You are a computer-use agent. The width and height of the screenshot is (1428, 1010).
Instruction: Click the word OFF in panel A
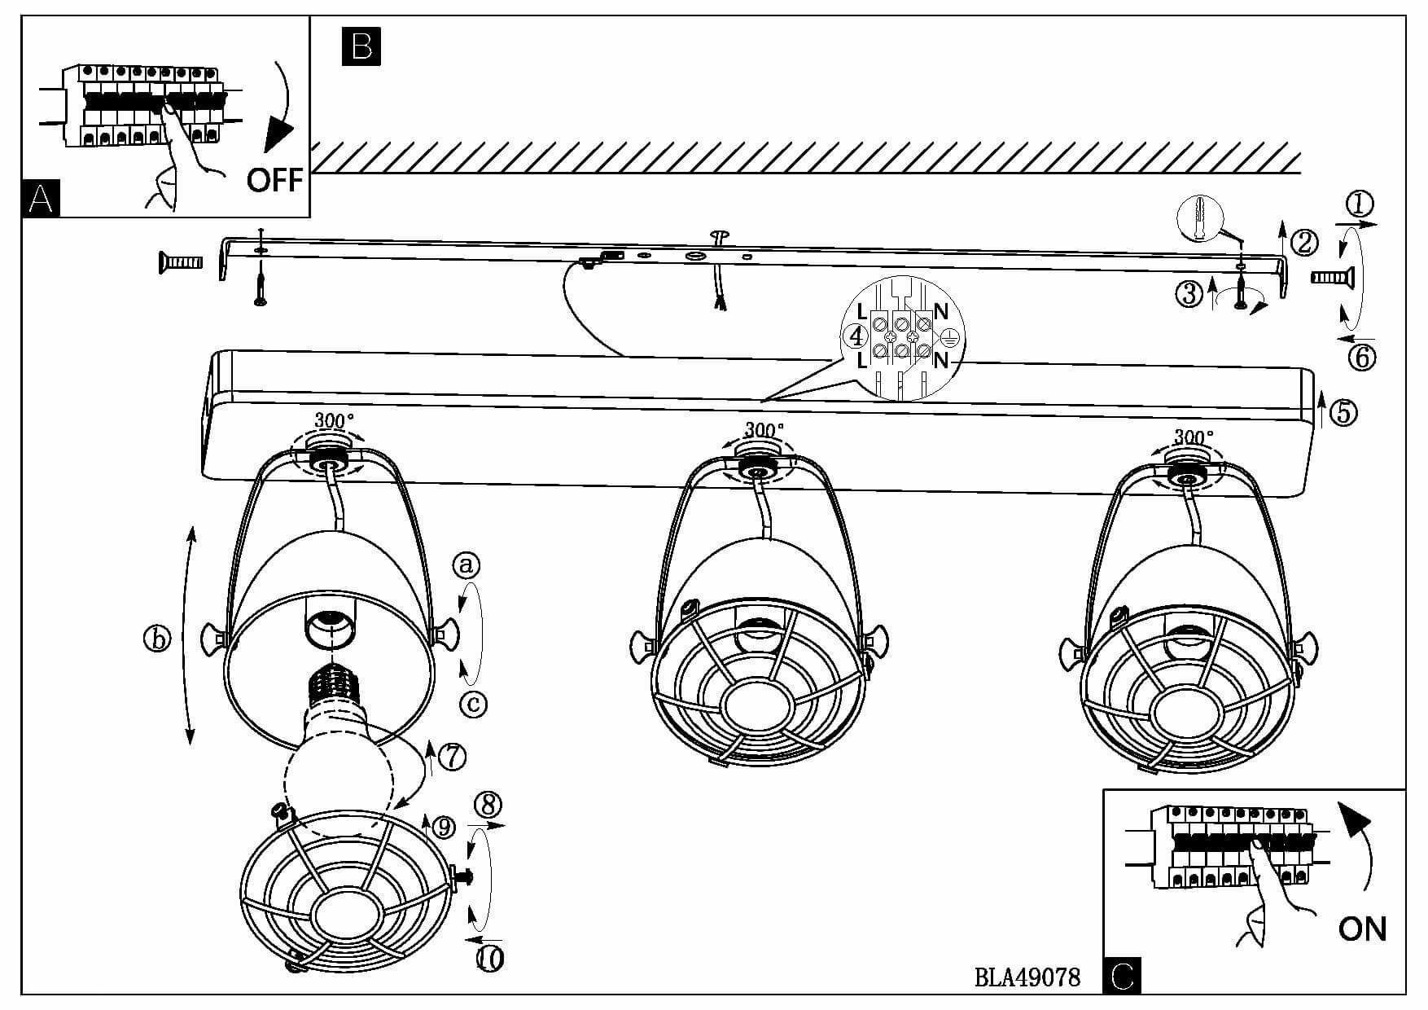[x=274, y=180]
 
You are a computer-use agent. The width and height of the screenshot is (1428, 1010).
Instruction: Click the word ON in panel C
[x=1362, y=928]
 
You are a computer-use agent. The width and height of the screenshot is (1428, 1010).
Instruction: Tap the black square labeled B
[x=361, y=46]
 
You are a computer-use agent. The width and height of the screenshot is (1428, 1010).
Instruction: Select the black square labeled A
[x=41, y=198]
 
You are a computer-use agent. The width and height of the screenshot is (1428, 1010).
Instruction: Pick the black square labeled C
[x=1122, y=976]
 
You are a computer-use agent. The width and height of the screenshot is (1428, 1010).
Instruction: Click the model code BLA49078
[x=1027, y=977]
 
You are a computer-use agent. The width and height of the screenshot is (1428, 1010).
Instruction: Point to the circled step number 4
[x=855, y=335]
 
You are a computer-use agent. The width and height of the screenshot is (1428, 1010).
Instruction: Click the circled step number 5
[x=1343, y=413]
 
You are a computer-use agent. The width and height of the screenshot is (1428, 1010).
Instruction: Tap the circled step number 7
[x=452, y=757]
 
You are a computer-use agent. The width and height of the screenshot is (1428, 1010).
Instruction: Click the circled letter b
[x=157, y=639]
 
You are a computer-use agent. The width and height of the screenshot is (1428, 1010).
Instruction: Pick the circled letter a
[x=467, y=564]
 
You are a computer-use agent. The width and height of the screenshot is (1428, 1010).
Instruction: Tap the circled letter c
[x=473, y=702]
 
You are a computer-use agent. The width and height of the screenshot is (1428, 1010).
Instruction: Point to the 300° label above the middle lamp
[x=764, y=428]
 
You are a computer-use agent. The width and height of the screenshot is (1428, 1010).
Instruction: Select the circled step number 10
[x=489, y=959]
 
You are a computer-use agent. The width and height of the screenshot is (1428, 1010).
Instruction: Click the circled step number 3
[x=1189, y=293]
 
